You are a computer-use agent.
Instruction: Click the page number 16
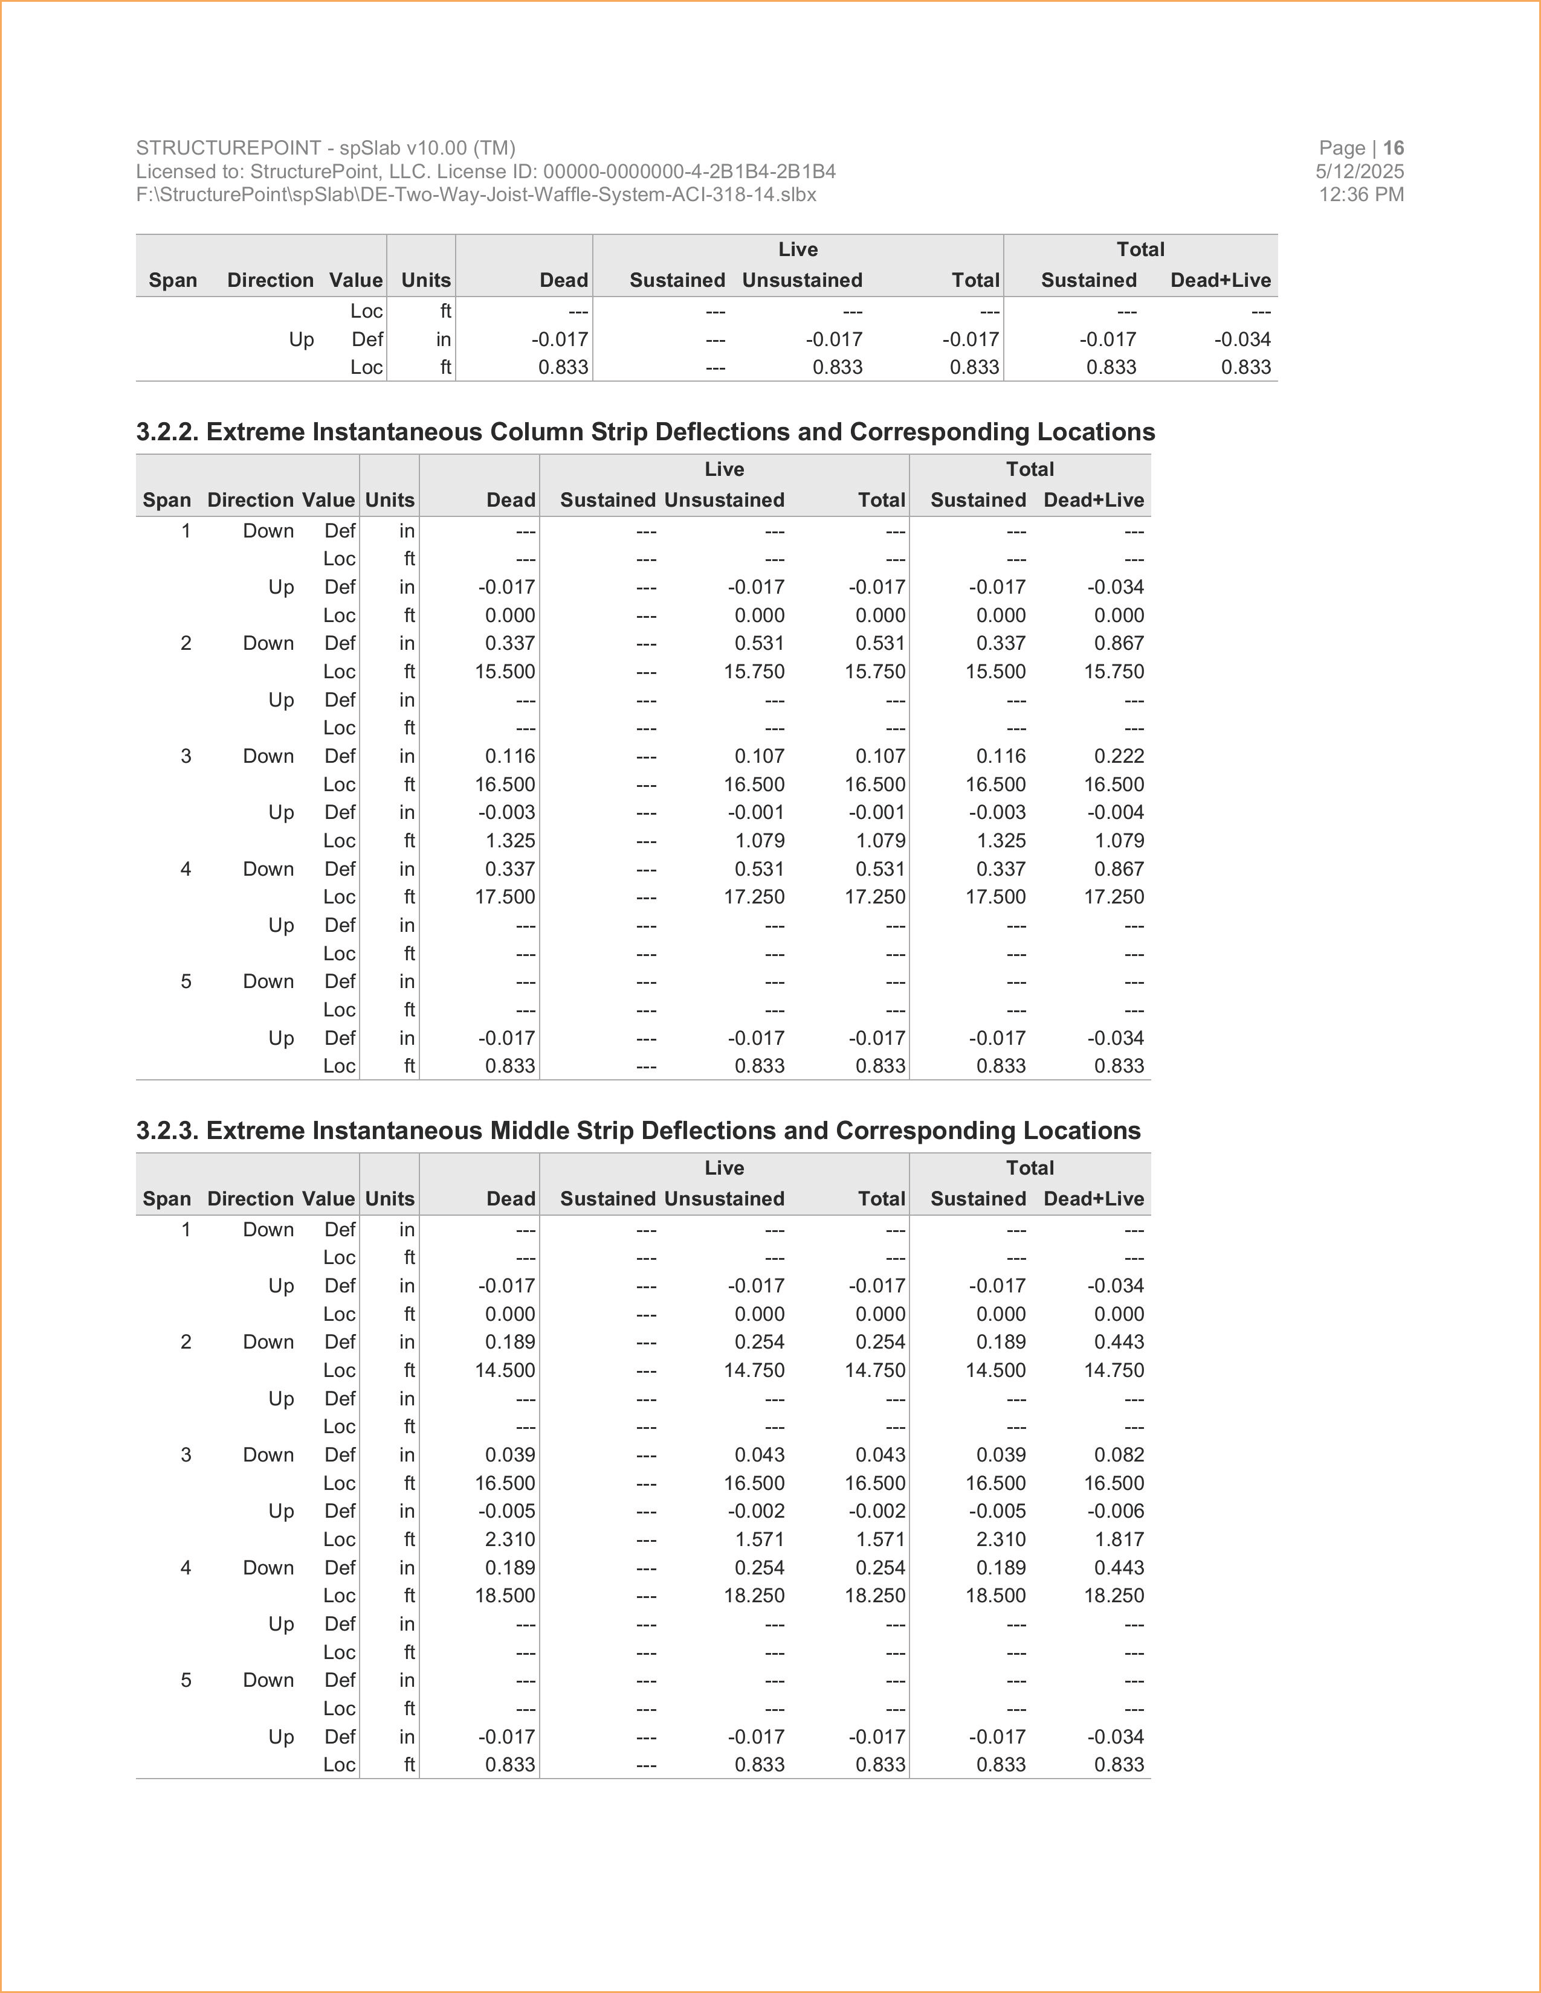(x=1393, y=148)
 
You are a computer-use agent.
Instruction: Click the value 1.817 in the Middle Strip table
(x=1119, y=1539)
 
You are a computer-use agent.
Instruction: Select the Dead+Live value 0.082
(x=1119, y=1455)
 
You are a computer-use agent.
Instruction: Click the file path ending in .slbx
(x=476, y=194)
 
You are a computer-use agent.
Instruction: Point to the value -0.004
(x=1116, y=812)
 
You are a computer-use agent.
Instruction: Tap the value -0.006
(x=1116, y=1511)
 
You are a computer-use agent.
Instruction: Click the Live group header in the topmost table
(x=798, y=249)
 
